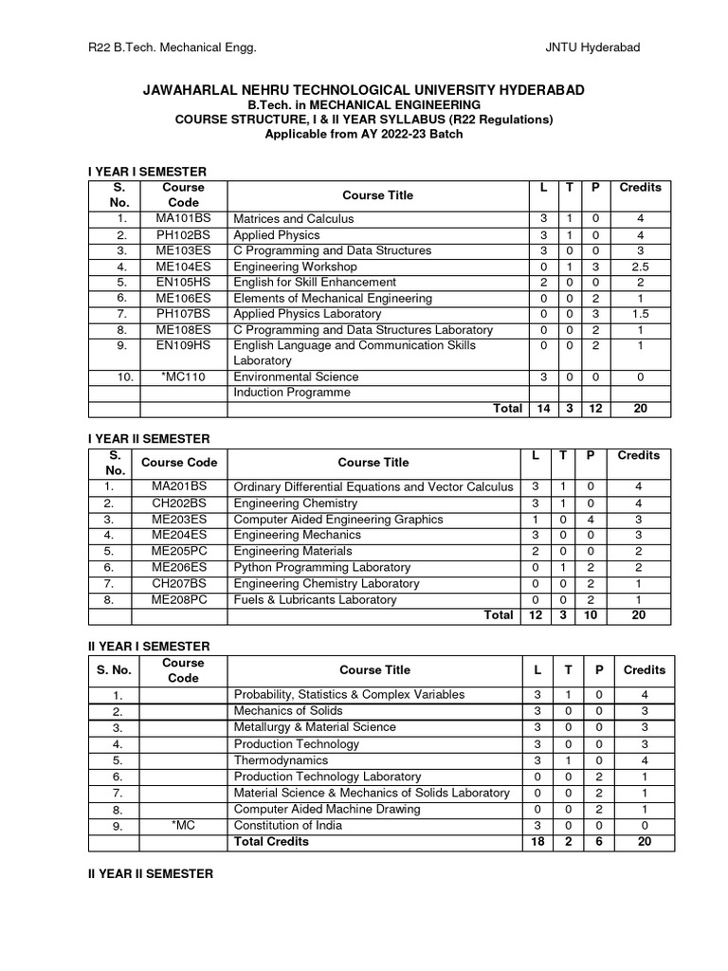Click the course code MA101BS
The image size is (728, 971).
[183, 219]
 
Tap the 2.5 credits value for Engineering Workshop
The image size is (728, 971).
[640, 266]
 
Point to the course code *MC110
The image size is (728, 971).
[183, 376]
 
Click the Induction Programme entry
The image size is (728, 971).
[292, 393]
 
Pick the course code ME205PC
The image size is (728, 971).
[179, 551]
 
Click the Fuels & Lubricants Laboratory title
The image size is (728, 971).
[315, 599]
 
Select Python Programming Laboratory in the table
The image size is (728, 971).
[321, 567]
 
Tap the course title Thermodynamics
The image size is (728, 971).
[281, 760]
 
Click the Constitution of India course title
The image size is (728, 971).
[288, 825]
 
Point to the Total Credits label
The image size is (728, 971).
[271, 841]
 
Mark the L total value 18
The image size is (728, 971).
[537, 841]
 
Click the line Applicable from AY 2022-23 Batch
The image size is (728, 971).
[364, 134]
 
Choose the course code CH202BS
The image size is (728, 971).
[179, 504]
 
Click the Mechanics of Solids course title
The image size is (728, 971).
[288, 710]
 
